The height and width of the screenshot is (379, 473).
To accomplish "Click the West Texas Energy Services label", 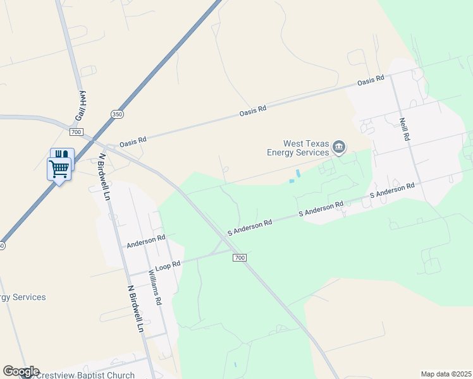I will (298, 148).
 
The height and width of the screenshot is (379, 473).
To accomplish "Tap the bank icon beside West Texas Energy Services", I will (339, 148).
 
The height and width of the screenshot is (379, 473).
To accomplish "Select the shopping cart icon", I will (59, 169).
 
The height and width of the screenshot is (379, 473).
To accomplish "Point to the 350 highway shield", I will (116, 114).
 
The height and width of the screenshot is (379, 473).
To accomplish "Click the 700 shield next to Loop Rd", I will (239, 258).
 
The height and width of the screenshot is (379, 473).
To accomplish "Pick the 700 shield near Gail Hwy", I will (77, 132).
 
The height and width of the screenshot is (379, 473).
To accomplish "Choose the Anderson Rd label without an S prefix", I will (145, 241).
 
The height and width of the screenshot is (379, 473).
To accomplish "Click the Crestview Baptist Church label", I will (85, 375).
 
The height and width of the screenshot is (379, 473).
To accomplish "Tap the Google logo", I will (21, 371).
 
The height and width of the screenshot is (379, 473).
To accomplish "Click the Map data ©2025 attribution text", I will (446, 374).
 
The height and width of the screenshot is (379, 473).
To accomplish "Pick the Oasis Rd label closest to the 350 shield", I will (133, 141).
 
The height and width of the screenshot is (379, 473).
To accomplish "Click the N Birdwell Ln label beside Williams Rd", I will (135, 308).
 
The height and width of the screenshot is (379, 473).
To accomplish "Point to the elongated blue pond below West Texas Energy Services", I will (297, 173).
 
